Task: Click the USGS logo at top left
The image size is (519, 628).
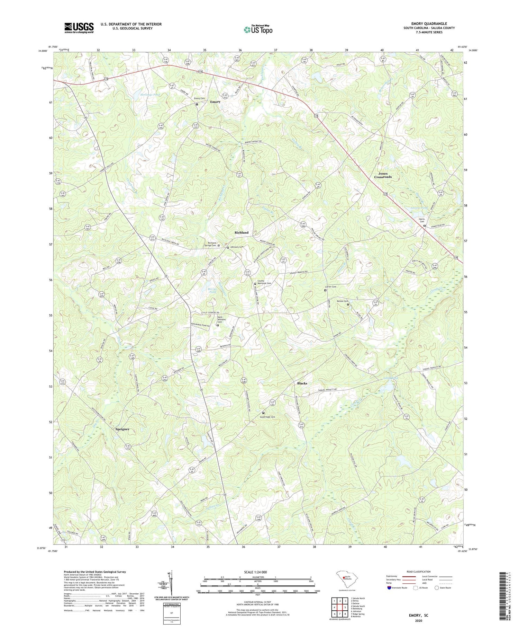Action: tap(79, 28)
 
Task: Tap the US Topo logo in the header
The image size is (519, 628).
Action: tap(257, 29)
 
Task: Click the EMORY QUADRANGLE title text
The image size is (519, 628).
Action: tap(429, 24)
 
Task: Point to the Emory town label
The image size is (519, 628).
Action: tap(215, 102)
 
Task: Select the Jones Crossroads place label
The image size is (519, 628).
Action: tap(383, 175)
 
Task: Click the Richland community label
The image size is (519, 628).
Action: tap(241, 232)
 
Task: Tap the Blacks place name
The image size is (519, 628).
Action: tap(302, 383)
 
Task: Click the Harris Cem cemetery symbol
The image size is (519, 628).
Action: tap(425, 225)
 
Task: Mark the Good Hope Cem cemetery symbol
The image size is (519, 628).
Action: tap(263, 413)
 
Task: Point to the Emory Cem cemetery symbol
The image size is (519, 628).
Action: tap(197, 104)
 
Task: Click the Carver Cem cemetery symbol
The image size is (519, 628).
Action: tap(325, 290)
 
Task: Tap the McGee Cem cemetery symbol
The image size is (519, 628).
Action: tap(348, 304)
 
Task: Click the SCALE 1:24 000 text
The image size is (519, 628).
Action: tap(257, 572)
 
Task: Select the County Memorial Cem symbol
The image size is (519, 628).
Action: tap(255, 284)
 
